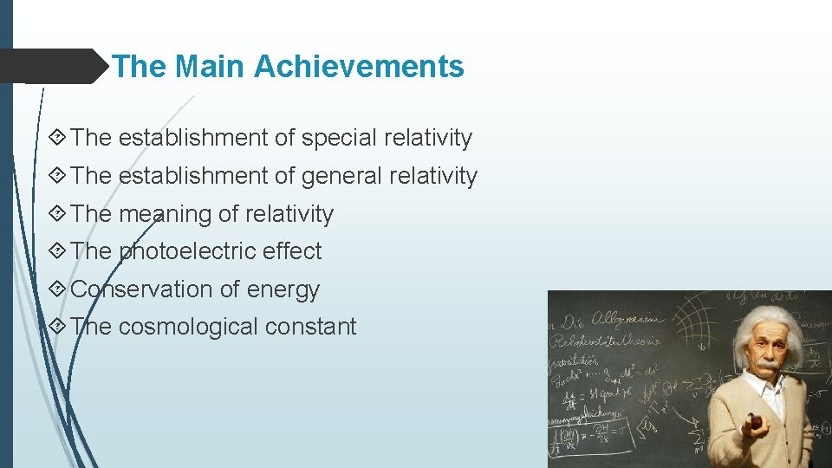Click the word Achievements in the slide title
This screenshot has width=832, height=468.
coord(359,67)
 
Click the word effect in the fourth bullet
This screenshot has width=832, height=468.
coord(292,251)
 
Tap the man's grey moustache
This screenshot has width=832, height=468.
coord(766,366)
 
